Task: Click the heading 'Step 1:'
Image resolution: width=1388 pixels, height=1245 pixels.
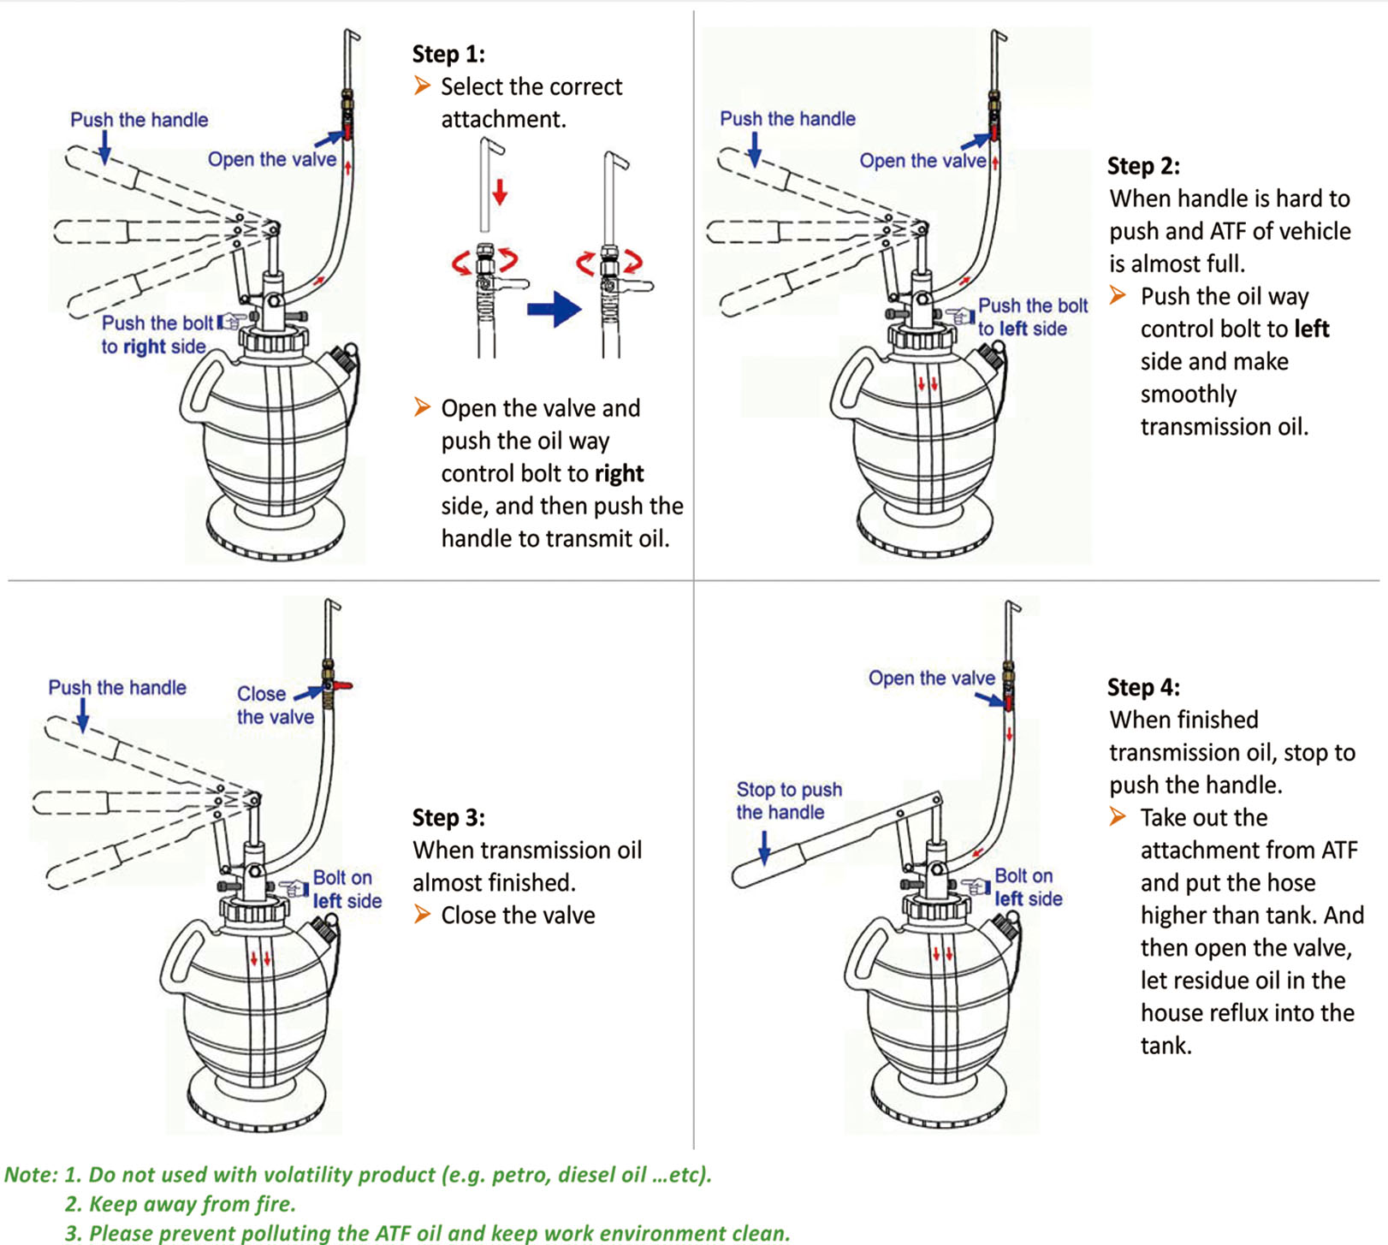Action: tap(448, 54)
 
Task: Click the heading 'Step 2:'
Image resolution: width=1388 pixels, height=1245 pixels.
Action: tap(1143, 166)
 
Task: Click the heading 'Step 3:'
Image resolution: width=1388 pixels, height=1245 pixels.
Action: tap(448, 818)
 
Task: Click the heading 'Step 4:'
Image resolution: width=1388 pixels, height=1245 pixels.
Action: tap(1143, 688)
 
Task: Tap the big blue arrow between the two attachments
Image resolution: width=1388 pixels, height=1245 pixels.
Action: tap(554, 308)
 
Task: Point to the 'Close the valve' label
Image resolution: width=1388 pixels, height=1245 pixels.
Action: tap(275, 705)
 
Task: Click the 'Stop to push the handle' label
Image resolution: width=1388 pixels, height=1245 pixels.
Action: tap(788, 800)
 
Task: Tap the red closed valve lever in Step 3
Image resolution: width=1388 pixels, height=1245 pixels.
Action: tap(343, 686)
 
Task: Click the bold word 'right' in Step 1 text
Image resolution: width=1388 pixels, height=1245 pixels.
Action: tap(619, 474)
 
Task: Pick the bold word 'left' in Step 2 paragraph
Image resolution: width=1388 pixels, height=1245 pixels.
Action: tap(1311, 329)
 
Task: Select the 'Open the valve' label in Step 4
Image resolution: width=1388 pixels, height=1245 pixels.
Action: tap(931, 679)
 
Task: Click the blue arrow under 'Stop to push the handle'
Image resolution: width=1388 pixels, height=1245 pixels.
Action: tap(764, 846)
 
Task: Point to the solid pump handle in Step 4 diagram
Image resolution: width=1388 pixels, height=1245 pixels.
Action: tap(830, 842)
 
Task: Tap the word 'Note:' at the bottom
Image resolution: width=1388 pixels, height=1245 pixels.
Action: tap(31, 1175)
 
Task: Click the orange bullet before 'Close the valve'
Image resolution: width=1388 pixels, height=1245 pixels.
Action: tap(422, 915)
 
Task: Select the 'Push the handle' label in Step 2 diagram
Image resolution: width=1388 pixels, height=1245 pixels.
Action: tap(787, 119)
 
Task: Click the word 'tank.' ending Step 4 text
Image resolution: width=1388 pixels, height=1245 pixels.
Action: tap(1166, 1046)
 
